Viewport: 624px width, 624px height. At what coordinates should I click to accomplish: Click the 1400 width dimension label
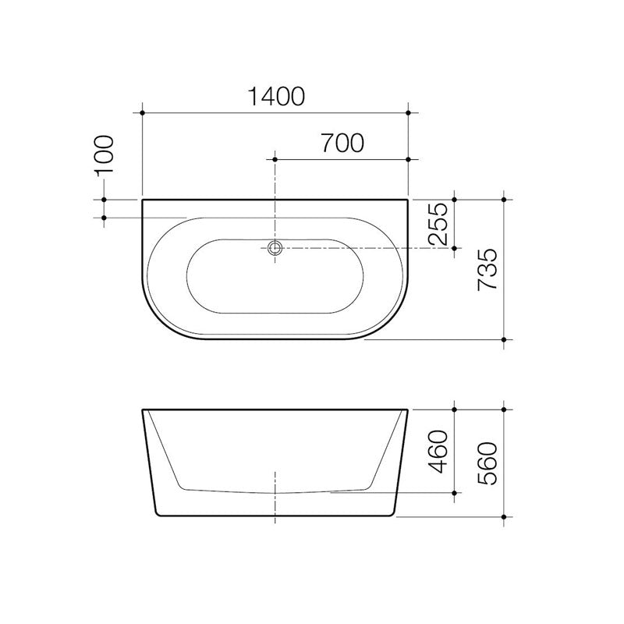(x=275, y=97)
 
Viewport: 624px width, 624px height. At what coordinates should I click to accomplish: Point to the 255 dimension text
(x=439, y=224)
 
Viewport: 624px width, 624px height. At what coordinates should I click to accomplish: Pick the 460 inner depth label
(x=439, y=452)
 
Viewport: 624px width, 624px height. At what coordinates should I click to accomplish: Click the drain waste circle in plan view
(x=275, y=249)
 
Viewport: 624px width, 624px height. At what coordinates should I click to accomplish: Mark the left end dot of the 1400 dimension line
(x=142, y=113)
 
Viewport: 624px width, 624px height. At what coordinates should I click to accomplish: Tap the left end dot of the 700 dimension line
(x=275, y=159)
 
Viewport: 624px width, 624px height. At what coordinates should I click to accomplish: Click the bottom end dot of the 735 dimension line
(x=505, y=339)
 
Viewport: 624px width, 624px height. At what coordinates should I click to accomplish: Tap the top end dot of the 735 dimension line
(x=505, y=200)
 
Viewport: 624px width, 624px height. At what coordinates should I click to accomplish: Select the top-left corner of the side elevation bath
(x=143, y=409)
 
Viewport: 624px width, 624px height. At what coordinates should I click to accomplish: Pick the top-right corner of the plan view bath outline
(x=408, y=200)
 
